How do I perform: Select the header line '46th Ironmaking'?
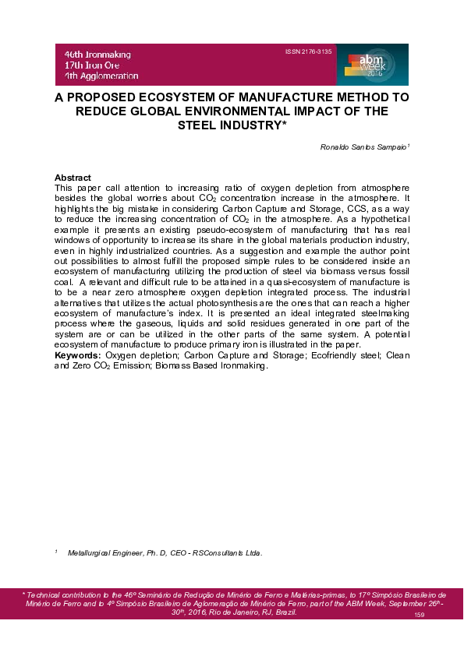[x=97, y=55]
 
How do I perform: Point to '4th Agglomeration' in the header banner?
[x=101, y=76]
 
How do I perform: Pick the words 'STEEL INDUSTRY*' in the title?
[x=232, y=124]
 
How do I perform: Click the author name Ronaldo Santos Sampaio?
[x=355, y=146]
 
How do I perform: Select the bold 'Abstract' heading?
[x=73, y=178]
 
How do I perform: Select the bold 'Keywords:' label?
[x=78, y=355]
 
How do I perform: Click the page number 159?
[x=419, y=615]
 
